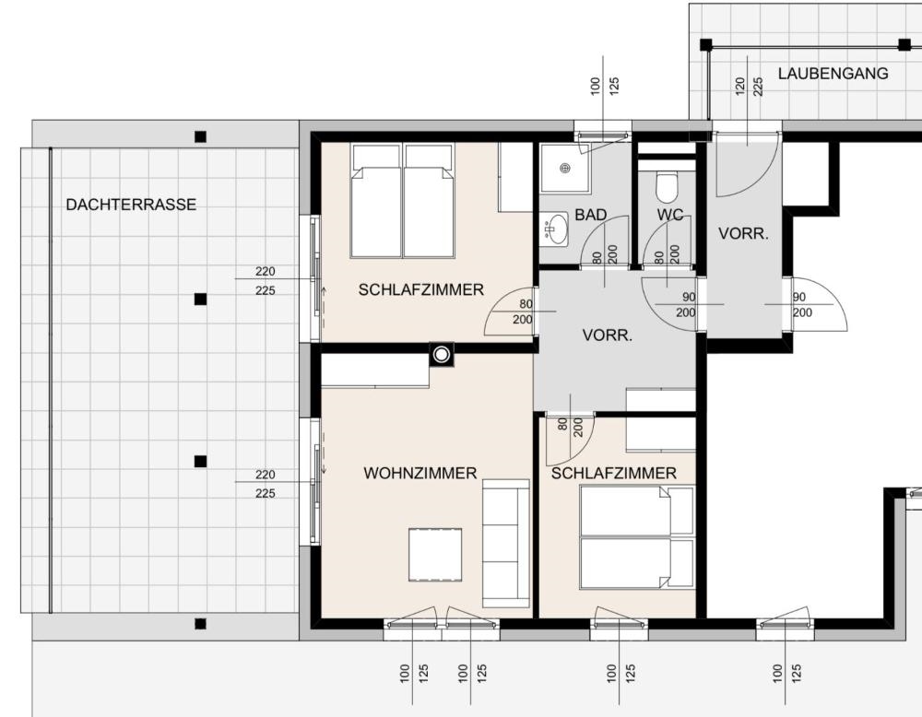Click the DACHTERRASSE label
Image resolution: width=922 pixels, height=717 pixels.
tap(131, 205)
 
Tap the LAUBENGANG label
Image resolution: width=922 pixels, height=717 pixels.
tap(833, 74)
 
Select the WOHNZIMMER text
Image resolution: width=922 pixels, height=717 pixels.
tap(420, 473)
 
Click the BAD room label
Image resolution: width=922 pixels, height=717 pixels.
tap(590, 215)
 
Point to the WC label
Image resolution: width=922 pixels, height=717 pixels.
tap(670, 215)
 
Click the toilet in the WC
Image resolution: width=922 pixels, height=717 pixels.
tap(667, 186)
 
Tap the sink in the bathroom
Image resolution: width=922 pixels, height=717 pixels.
tap(555, 229)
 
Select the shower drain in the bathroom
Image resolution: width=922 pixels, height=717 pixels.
tap(566, 168)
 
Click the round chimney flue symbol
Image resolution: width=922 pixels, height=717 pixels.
tap(442, 355)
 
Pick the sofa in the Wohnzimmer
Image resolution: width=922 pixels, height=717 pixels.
tap(505, 543)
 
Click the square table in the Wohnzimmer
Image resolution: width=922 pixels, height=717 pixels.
tap(435, 554)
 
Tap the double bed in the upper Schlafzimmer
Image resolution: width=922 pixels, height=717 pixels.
tap(403, 200)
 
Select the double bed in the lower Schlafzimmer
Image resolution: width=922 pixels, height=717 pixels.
tap(637, 536)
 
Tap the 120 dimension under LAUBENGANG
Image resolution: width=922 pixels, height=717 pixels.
tap(739, 86)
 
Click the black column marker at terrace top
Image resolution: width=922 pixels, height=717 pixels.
tap(200, 137)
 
